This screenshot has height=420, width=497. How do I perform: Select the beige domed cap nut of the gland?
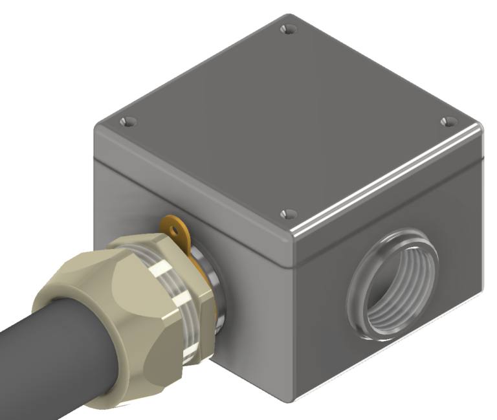(123, 304)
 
